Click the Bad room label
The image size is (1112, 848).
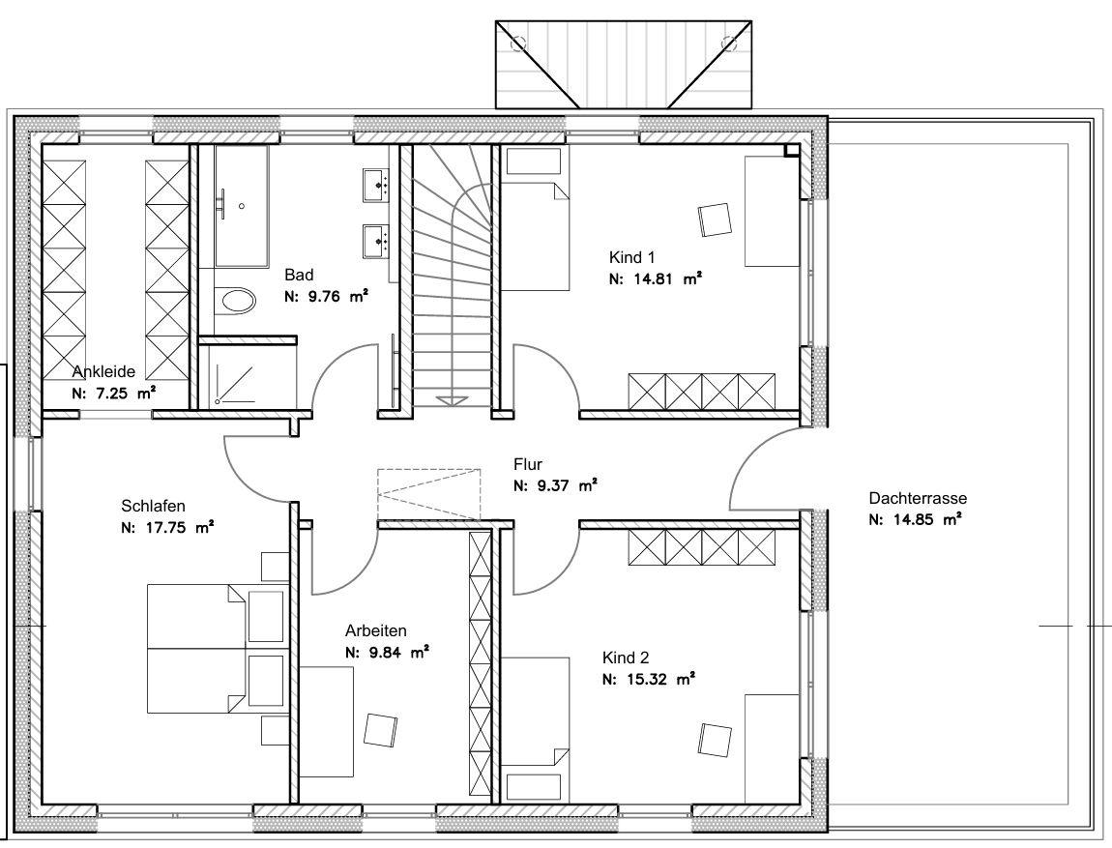(299, 276)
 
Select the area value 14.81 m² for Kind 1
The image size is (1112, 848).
(656, 278)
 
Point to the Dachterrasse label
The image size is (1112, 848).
(918, 498)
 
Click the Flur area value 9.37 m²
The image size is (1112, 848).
(555, 485)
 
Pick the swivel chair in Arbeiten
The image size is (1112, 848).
(380, 730)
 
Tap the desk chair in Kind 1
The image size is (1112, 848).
(715, 220)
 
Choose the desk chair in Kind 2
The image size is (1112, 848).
(715, 740)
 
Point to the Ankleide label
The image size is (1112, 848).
(103, 371)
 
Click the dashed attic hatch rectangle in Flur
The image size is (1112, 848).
(429, 494)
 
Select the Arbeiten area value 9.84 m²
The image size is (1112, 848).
(387, 653)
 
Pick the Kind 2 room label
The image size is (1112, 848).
(626, 658)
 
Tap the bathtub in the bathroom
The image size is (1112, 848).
(241, 206)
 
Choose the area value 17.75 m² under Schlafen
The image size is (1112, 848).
(167, 528)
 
